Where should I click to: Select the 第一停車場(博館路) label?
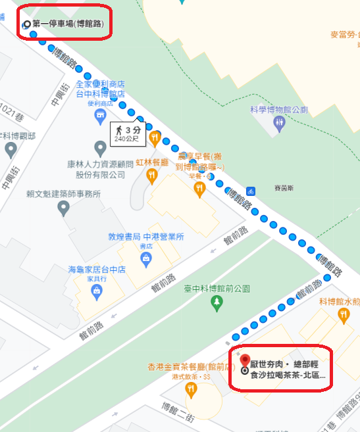68,24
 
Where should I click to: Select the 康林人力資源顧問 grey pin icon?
99,147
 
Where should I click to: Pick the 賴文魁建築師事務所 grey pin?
63,208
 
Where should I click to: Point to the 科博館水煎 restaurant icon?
342,316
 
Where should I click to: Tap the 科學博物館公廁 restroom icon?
280,123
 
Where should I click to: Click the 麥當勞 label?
344,34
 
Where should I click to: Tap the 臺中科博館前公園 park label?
217,287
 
